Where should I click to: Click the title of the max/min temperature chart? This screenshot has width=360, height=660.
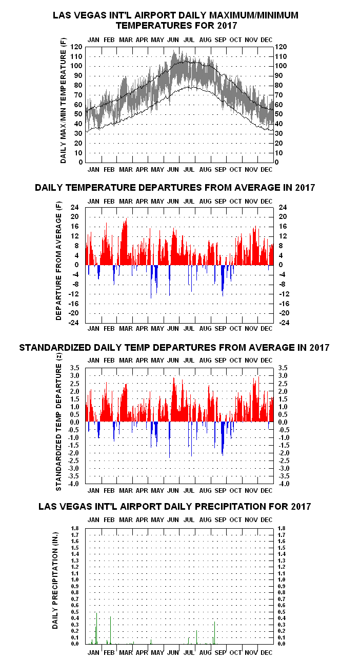(176, 20)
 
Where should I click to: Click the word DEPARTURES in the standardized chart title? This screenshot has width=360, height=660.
(185, 348)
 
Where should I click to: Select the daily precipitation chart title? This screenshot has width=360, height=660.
(175, 507)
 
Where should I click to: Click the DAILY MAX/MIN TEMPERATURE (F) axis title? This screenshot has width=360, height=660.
(64, 102)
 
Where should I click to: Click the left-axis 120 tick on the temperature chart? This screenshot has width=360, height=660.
(77, 47)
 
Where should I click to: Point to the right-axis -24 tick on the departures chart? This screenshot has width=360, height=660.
(283, 323)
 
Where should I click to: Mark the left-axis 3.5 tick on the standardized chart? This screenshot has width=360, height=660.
(75, 368)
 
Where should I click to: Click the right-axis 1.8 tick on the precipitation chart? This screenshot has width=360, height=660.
(281, 528)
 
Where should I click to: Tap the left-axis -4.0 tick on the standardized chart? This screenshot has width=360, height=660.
(74, 484)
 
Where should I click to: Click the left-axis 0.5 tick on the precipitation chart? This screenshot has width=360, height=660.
(75, 612)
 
